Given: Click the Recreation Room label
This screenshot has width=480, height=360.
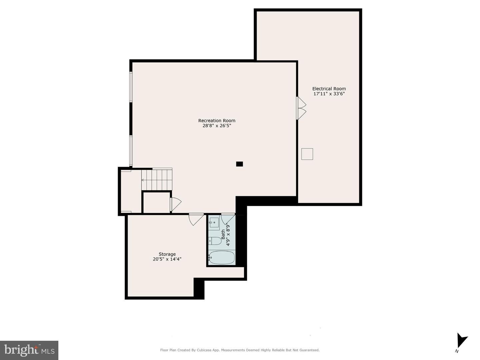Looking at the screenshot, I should pyautogui.click(x=217, y=121).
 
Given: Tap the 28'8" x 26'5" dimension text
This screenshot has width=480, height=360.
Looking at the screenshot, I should pyautogui.click(x=217, y=126).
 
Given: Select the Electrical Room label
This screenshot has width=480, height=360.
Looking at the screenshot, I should pyautogui.click(x=329, y=89).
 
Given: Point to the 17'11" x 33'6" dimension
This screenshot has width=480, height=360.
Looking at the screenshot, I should pyautogui.click(x=329, y=94).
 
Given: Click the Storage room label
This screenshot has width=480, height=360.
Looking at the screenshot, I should pyautogui.click(x=167, y=254).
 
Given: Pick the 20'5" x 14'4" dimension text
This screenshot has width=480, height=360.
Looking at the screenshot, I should pyautogui.click(x=167, y=259).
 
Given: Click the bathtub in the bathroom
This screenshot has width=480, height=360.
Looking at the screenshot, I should pyautogui.click(x=222, y=258).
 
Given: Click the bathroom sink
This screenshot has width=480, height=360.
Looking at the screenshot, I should pyautogui.click(x=214, y=222).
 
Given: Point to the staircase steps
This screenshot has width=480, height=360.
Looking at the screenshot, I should pyautogui.click(x=157, y=180).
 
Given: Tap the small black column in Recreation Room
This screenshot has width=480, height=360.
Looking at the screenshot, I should pyautogui.click(x=239, y=164).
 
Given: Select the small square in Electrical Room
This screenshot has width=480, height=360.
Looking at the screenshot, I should pyautogui.click(x=307, y=154).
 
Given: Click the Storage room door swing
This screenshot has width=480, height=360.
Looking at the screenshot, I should pyautogui.click(x=196, y=219).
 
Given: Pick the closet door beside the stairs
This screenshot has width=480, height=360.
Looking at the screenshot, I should pyautogui.click(x=175, y=204).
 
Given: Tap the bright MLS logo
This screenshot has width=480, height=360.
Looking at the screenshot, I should pyautogui.click(x=29, y=350).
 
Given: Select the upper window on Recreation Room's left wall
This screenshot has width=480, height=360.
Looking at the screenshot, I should pyautogui.click(x=131, y=87).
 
